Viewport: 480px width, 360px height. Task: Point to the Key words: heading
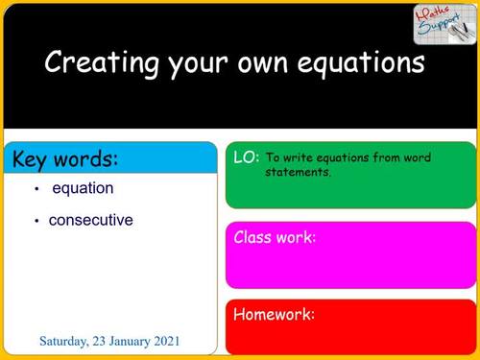pyautogui.click(x=66, y=159)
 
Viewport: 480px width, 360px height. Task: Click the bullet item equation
pyautogui.click(x=83, y=188)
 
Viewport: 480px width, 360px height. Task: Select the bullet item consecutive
pyautogui.click(x=91, y=220)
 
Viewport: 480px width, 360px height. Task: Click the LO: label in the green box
pyautogui.click(x=246, y=156)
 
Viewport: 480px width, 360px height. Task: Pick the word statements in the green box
pyautogui.click(x=298, y=173)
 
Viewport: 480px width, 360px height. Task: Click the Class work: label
pyautogui.click(x=275, y=237)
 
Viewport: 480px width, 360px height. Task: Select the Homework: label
pyautogui.click(x=275, y=314)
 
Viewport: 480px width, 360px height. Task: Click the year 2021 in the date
pyautogui.click(x=162, y=342)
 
